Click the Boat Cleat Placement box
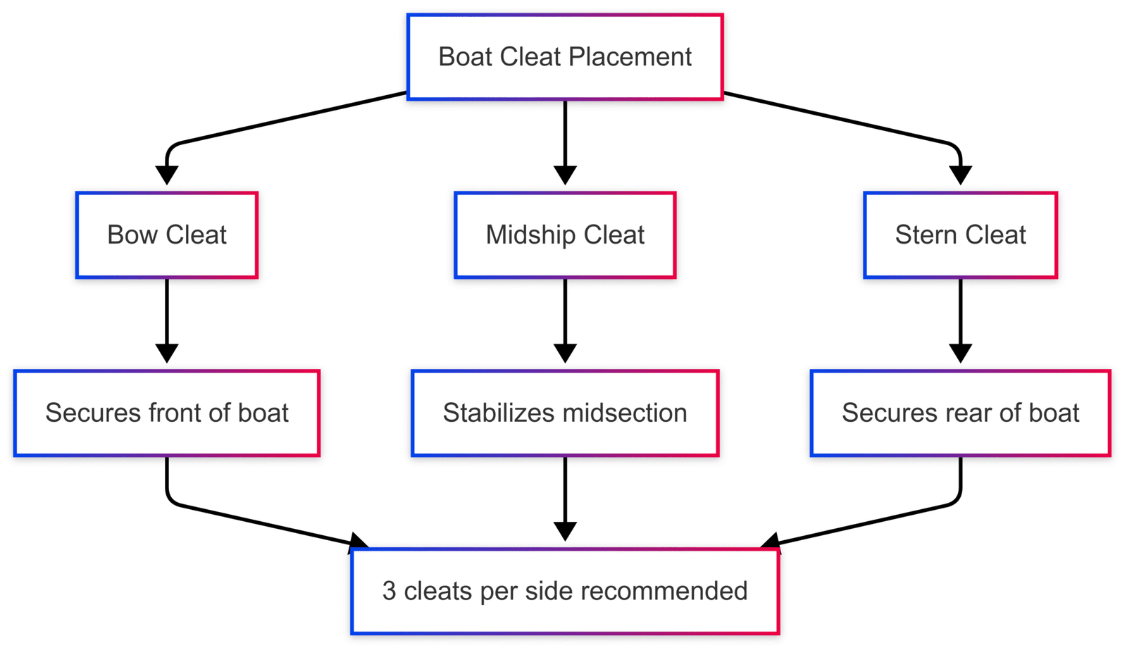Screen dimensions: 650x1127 565,57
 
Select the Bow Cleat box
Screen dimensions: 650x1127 167,235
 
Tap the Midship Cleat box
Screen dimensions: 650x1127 565,235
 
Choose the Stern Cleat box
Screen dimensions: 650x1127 960,235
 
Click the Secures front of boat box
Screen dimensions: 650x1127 167,413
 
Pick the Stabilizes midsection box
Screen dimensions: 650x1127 565,413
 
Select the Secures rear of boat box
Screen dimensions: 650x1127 960,413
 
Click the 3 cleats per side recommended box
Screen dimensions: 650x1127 565,592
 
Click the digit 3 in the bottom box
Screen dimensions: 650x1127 389,592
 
